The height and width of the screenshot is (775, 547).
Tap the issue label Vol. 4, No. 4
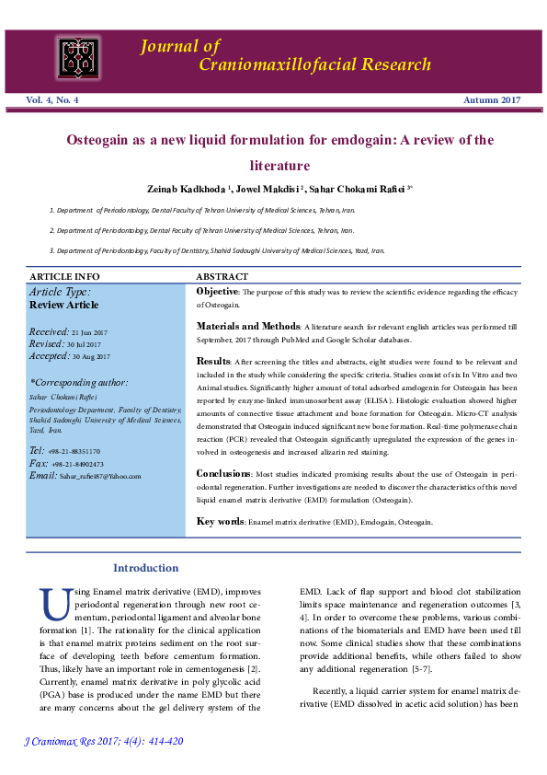click(x=52, y=99)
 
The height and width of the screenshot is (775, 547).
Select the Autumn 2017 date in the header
click(x=492, y=99)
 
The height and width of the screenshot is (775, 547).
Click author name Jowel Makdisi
click(x=268, y=189)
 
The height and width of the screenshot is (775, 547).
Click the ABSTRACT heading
click(x=222, y=276)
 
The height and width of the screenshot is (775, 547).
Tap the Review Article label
click(x=63, y=305)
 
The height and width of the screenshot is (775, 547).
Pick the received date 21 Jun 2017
click(x=90, y=330)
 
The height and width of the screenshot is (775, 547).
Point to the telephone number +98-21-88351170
click(x=75, y=451)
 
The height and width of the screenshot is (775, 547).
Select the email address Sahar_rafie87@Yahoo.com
click(x=97, y=476)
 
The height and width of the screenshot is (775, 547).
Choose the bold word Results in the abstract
click(x=212, y=361)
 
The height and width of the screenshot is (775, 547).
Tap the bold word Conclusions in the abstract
click(x=222, y=474)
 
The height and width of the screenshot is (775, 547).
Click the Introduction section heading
click(x=145, y=568)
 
